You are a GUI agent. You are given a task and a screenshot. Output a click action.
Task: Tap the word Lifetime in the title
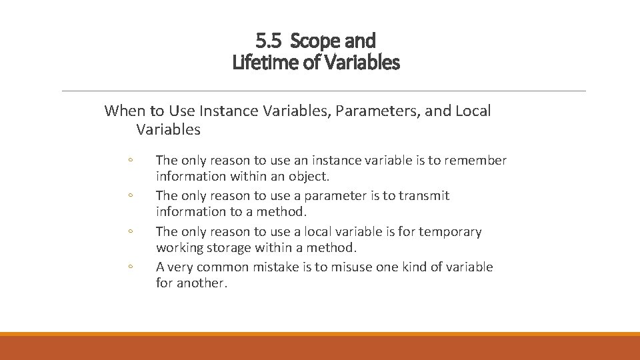(x=262, y=63)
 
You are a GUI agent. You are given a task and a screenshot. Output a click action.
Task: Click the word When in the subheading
(x=125, y=111)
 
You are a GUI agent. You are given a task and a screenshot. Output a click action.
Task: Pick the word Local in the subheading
(x=473, y=111)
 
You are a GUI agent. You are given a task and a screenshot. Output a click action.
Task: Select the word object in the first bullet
(x=309, y=177)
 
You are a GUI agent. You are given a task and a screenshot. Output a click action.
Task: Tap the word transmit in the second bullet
(x=424, y=196)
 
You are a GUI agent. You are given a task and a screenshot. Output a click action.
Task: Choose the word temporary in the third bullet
(x=449, y=232)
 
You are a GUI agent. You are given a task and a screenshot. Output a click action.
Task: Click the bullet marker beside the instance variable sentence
(x=131, y=161)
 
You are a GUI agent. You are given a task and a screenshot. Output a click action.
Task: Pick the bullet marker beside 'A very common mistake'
(x=131, y=268)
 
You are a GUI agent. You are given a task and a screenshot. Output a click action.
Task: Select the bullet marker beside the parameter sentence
(x=131, y=197)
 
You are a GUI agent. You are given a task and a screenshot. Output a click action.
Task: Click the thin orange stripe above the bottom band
(x=320, y=334)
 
